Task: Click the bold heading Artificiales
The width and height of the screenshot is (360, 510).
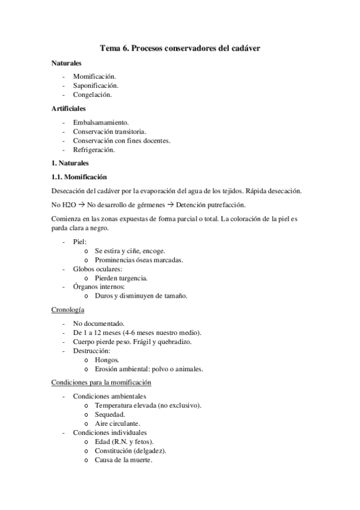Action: coord(69,109)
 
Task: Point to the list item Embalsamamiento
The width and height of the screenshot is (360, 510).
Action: coord(105,122)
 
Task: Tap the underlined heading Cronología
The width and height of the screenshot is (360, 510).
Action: coord(67,310)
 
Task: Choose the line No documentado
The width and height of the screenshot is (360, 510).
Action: coord(99,324)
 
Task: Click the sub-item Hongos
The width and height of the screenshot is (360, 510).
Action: coord(106,360)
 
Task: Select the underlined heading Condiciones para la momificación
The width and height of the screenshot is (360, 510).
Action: coord(101,382)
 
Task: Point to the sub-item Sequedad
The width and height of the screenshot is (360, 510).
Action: coord(110,414)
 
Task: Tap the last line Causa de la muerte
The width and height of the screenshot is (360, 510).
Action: coord(123,460)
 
